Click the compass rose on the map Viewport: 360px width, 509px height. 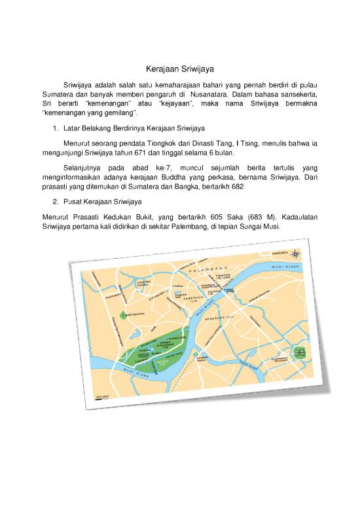pos(298,254)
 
